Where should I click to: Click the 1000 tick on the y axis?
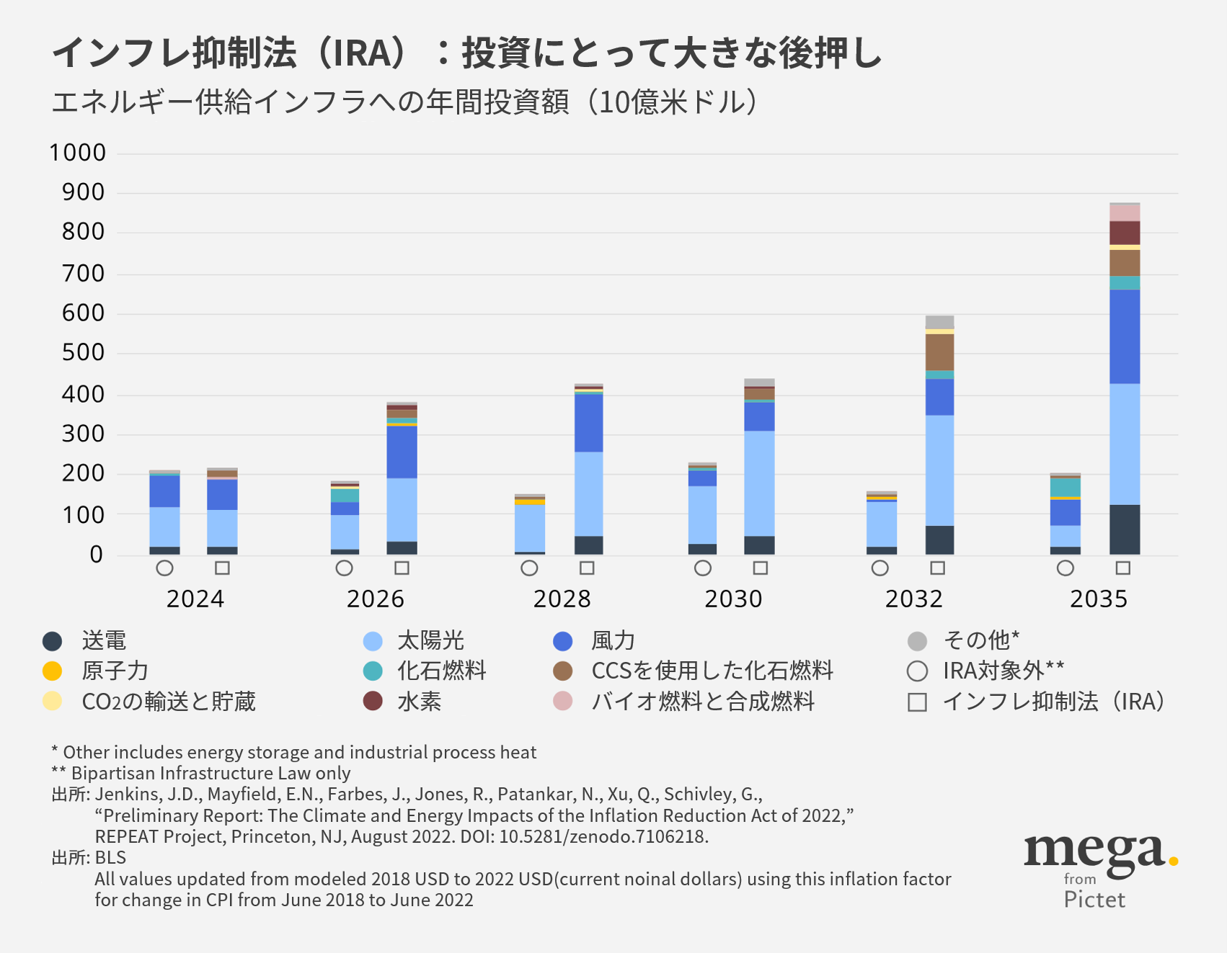tap(77, 153)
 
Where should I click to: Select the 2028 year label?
tap(562, 599)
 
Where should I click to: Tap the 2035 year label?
tap(1098, 599)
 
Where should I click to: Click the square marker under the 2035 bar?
tap(1122, 568)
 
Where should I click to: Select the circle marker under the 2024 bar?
tap(164, 568)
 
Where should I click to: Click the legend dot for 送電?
tap(52, 641)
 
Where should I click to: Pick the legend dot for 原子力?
tap(52, 671)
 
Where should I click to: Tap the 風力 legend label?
tap(613, 641)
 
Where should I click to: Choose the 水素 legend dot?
tap(373, 702)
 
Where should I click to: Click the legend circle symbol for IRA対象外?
tap(917, 671)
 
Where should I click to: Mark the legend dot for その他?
tap(917, 641)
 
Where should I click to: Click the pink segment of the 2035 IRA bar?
tap(1125, 213)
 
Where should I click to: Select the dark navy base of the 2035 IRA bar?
tap(1125, 529)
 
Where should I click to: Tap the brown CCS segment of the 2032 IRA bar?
tap(939, 352)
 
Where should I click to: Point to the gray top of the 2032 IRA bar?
tap(939, 322)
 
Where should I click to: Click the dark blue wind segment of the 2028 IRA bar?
tap(588, 423)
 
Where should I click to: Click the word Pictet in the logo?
tap(1094, 900)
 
